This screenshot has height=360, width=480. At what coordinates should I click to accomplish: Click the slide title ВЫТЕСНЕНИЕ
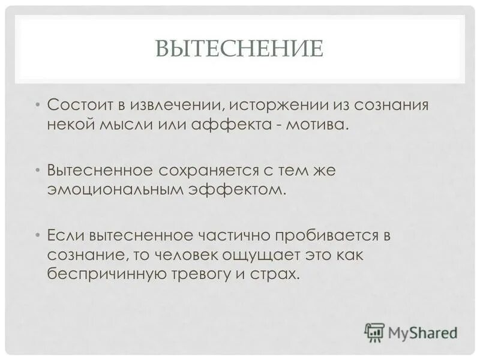click(x=239, y=48)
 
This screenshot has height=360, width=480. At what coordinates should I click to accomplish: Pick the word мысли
click(x=136, y=126)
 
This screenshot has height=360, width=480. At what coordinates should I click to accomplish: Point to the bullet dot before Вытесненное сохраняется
click(x=38, y=170)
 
